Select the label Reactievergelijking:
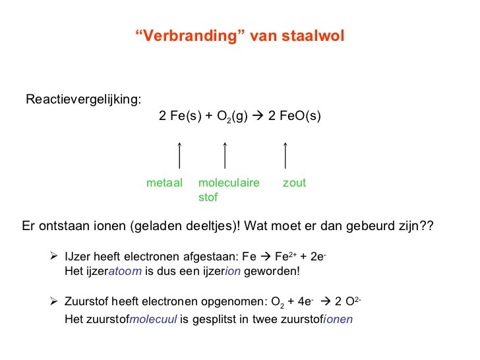83,100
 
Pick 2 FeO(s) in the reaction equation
295,117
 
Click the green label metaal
164,183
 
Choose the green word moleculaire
229,183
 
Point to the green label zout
294,183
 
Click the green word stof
208,197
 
